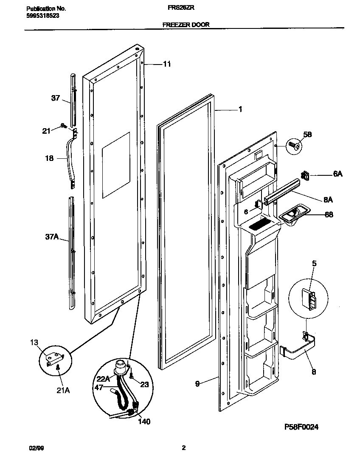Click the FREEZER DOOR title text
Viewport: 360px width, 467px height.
click(186, 25)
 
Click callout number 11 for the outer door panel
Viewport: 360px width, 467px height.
click(167, 64)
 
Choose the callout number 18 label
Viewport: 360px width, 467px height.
click(49, 158)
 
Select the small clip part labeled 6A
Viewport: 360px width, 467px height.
click(305, 175)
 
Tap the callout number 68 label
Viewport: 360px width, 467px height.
click(329, 215)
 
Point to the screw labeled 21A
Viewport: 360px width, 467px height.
click(58, 371)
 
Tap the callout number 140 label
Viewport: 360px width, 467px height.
click(144, 422)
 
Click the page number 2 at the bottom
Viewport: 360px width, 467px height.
click(183, 447)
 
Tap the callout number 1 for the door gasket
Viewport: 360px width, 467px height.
click(240, 110)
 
